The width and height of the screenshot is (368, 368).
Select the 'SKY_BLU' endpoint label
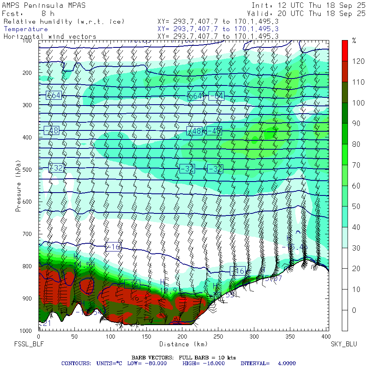(344, 344)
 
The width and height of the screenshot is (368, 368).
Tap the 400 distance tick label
(326, 337)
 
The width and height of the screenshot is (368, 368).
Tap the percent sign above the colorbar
(354, 40)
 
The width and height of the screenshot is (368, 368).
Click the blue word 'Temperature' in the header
(26, 29)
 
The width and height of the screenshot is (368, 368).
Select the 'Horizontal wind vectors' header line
(50, 36)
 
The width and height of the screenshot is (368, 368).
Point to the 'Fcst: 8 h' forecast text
(27, 13)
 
